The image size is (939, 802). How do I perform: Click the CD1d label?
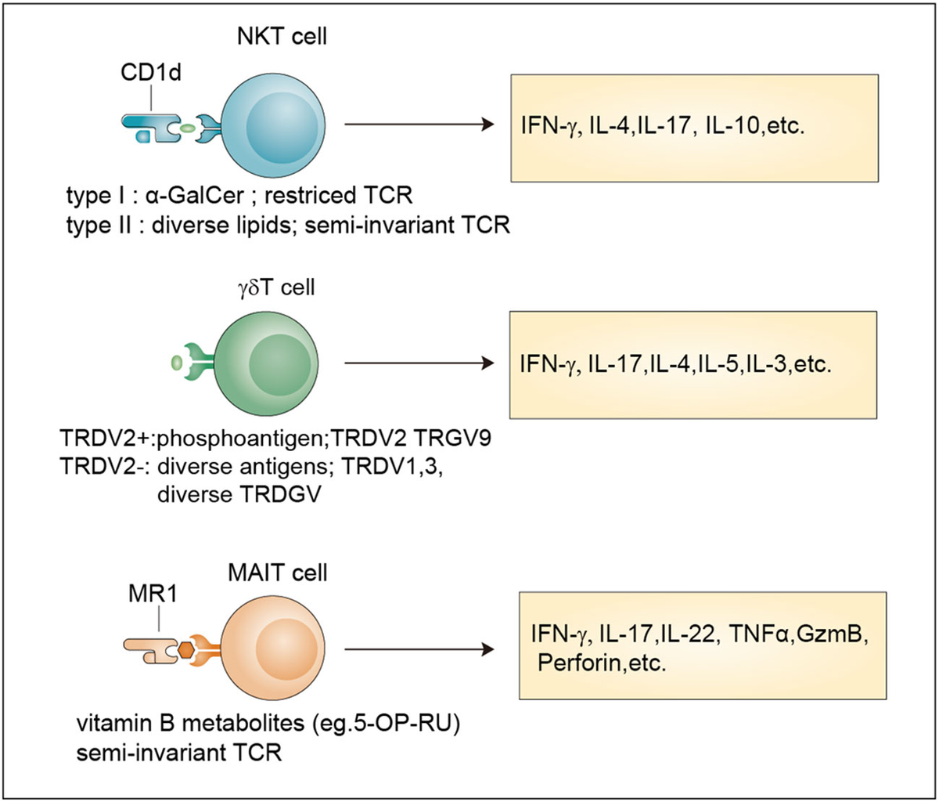(150, 72)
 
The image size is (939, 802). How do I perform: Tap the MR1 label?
(153, 594)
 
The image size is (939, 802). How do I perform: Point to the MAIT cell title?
(277, 573)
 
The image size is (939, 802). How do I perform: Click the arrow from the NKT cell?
(419, 125)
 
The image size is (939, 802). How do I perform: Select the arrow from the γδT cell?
(419, 363)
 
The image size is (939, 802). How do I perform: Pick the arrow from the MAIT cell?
(419, 649)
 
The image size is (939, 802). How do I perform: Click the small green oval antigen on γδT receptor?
(176, 363)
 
